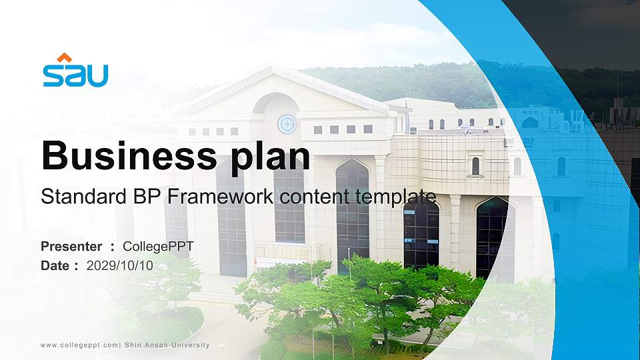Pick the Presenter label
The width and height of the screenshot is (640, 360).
coord(71,247)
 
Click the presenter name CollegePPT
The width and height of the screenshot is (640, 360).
coord(158,247)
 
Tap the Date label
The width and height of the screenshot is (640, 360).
coord(55,265)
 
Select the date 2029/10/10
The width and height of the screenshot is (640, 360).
coord(120,265)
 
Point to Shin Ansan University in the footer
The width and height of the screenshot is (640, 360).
coord(167,345)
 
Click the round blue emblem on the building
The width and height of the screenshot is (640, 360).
coord(287,123)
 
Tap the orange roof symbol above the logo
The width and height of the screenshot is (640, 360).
coord(64,57)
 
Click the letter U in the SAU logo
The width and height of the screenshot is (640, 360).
coord(97,76)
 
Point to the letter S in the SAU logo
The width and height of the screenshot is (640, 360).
coord(53,76)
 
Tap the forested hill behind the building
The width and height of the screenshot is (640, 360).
coord(427,83)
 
